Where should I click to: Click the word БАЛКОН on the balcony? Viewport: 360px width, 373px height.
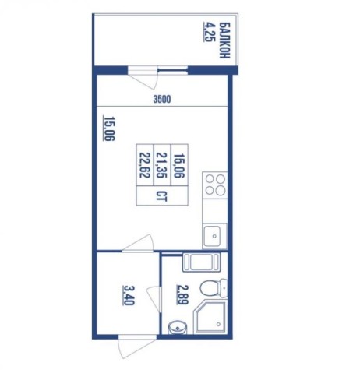[225, 40]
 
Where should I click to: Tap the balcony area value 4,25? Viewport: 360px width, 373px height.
[208, 32]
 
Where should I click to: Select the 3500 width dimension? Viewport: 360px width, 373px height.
[162, 100]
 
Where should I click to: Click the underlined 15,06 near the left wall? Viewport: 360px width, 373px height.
[109, 128]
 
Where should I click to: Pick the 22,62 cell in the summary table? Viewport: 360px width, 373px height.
[145, 165]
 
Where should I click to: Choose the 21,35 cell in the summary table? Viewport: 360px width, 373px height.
[162, 165]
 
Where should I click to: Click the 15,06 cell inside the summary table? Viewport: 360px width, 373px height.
[179, 165]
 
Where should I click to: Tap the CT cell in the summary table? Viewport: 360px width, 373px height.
[162, 195]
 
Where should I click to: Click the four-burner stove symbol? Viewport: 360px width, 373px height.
[215, 185]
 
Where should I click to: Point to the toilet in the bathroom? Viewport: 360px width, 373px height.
[214, 288]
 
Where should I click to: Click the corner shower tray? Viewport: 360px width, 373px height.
[210, 317]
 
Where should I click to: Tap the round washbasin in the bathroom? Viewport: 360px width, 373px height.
[178, 328]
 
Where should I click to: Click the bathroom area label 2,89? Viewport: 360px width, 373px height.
[182, 295]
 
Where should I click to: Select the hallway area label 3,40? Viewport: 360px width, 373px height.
[129, 296]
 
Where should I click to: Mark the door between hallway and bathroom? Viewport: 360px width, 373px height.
[154, 298]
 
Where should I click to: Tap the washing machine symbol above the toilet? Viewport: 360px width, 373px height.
[201, 262]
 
